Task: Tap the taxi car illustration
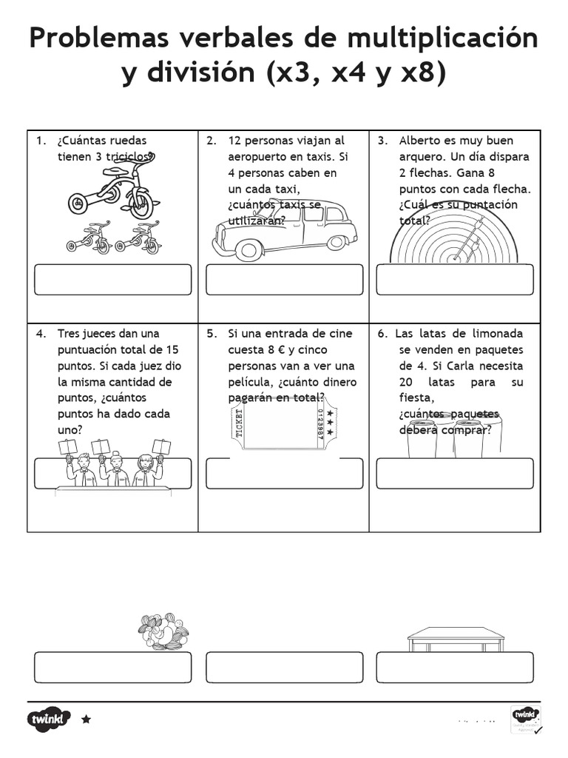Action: [x=285, y=229]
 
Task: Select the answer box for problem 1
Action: [x=112, y=280]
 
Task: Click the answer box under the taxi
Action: [x=284, y=280]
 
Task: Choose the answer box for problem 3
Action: [x=455, y=280]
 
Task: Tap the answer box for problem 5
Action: [x=284, y=474]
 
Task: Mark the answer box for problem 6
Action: [x=455, y=474]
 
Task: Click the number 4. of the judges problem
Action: [x=41, y=334]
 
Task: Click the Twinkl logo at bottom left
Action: [x=49, y=719]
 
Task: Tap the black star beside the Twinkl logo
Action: [x=86, y=719]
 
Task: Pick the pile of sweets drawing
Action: [x=163, y=631]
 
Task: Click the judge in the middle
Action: [x=115, y=469]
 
